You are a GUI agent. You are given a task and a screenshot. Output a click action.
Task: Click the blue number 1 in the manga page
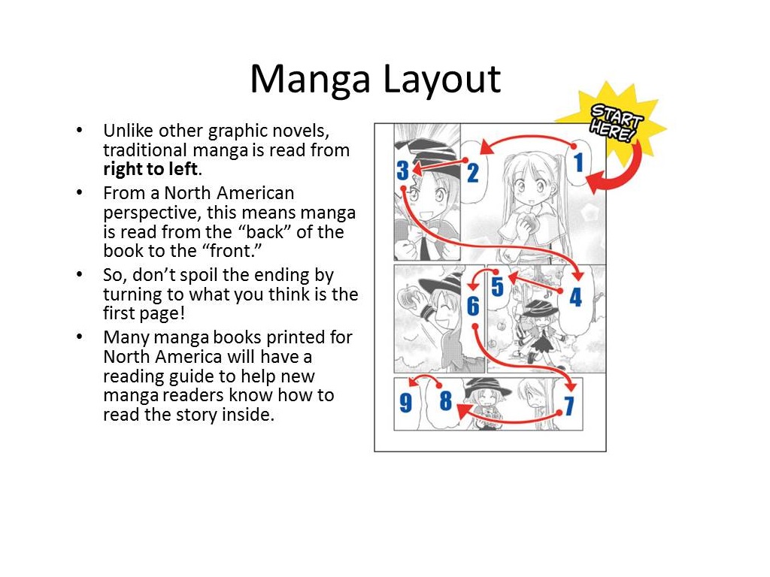click(x=578, y=162)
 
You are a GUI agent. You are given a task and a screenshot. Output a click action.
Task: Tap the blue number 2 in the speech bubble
click(x=472, y=174)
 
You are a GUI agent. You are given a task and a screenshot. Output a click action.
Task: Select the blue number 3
click(x=403, y=171)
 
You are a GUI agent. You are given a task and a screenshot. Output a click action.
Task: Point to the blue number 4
click(x=575, y=297)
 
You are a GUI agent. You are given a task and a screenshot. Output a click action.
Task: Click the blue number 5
click(x=497, y=287)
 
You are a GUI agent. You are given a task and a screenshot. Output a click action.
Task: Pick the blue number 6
click(x=473, y=306)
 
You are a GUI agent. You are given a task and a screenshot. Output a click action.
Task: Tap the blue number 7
click(x=569, y=406)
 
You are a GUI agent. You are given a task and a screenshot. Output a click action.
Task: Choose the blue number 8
click(x=445, y=402)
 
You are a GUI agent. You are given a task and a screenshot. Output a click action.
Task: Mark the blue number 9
click(x=406, y=404)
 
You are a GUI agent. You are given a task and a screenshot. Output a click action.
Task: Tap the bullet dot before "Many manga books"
click(x=80, y=337)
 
